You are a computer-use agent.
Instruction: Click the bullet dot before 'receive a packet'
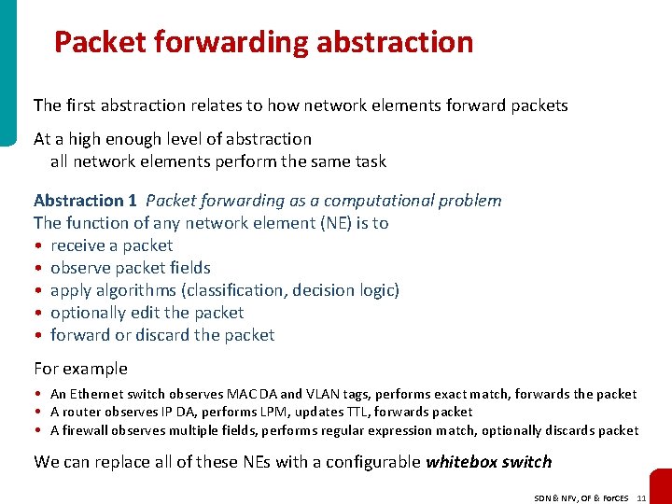(37, 246)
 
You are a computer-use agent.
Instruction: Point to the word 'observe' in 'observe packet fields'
(80, 268)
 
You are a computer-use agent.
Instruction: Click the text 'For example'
(80, 369)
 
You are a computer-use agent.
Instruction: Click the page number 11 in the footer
(640, 498)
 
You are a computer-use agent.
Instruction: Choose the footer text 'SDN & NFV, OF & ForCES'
(579, 498)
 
